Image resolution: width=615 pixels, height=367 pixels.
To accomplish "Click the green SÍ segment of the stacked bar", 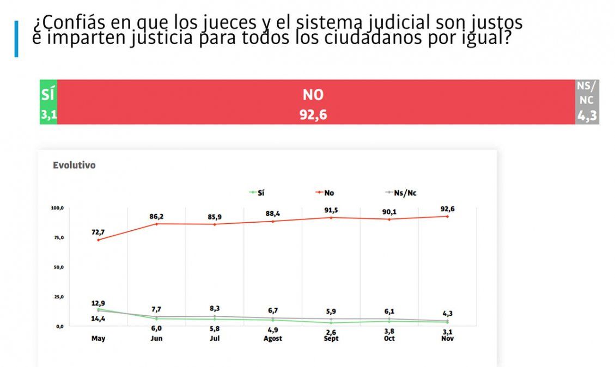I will [x=48, y=102].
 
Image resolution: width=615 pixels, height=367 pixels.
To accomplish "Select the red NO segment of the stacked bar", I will [x=316, y=102].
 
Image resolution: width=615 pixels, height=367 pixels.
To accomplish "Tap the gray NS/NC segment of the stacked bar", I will [x=587, y=102].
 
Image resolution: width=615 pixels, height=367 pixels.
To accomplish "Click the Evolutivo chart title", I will [x=74, y=165].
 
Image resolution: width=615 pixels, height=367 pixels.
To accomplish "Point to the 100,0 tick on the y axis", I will [x=58, y=209].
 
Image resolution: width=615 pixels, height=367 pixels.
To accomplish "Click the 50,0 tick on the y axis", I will [x=59, y=267].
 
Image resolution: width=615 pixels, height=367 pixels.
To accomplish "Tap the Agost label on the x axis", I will [x=273, y=338].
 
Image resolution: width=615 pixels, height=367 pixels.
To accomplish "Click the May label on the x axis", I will [x=98, y=338].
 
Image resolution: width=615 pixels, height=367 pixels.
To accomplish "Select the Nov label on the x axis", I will [x=448, y=338].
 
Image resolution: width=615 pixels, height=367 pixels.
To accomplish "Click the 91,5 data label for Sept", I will [x=331, y=209].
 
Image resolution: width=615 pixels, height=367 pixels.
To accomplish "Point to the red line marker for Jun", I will [x=156, y=224].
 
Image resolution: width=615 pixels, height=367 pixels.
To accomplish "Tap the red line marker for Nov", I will [x=448, y=216].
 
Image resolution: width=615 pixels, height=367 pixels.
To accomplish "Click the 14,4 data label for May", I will [x=98, y=319].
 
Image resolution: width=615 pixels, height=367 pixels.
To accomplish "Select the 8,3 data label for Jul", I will [x=215, y=308].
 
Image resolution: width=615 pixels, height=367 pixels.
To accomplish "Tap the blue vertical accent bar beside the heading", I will [x=16, y=39].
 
